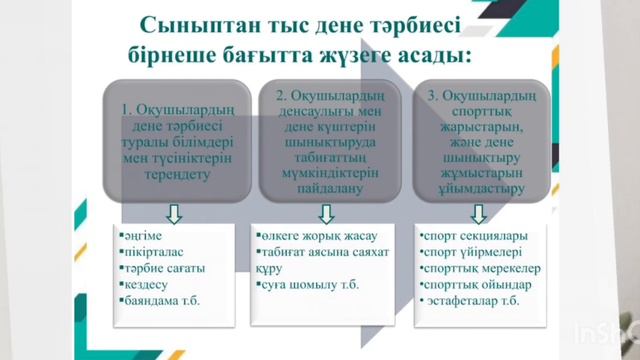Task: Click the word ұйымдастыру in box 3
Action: point(475,186)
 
